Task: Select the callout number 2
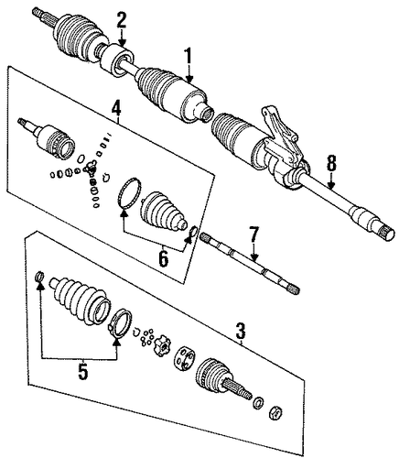[x=121, y=20]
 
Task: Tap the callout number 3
[x=241, y=331]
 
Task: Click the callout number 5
[x=82, y=370]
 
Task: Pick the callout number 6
[x=163, y=258]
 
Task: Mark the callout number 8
[x=331, y=163]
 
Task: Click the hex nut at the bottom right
[x=275, y=414]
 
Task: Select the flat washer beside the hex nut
[x=259, y=402]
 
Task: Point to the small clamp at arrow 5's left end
[x=39, y=276]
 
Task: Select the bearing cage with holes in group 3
[x=184, y=358]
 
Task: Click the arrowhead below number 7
[x=253, y=257]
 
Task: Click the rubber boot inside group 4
[x=164, y=212]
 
